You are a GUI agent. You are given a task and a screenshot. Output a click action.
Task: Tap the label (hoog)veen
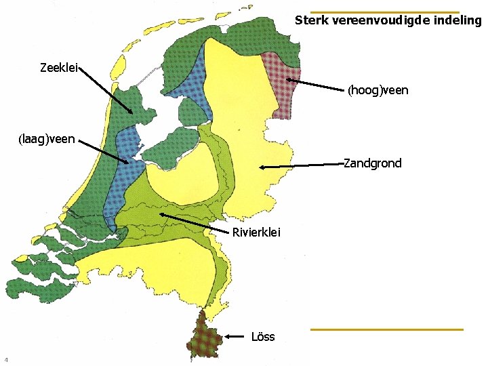(378, 90)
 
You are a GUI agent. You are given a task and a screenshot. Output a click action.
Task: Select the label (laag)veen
(46, 140)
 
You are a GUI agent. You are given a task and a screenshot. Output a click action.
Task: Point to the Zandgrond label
(372, 163)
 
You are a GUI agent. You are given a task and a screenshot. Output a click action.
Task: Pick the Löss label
(263, 336)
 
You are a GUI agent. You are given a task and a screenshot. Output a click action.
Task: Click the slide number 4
(6, 359)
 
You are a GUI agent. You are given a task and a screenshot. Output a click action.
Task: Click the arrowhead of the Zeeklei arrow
(131, 113)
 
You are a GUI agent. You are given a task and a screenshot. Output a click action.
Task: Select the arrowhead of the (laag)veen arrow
(126, 161)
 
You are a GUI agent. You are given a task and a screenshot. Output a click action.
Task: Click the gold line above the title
(384, 12)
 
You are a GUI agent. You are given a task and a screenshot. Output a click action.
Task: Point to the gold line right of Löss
(386, 329)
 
